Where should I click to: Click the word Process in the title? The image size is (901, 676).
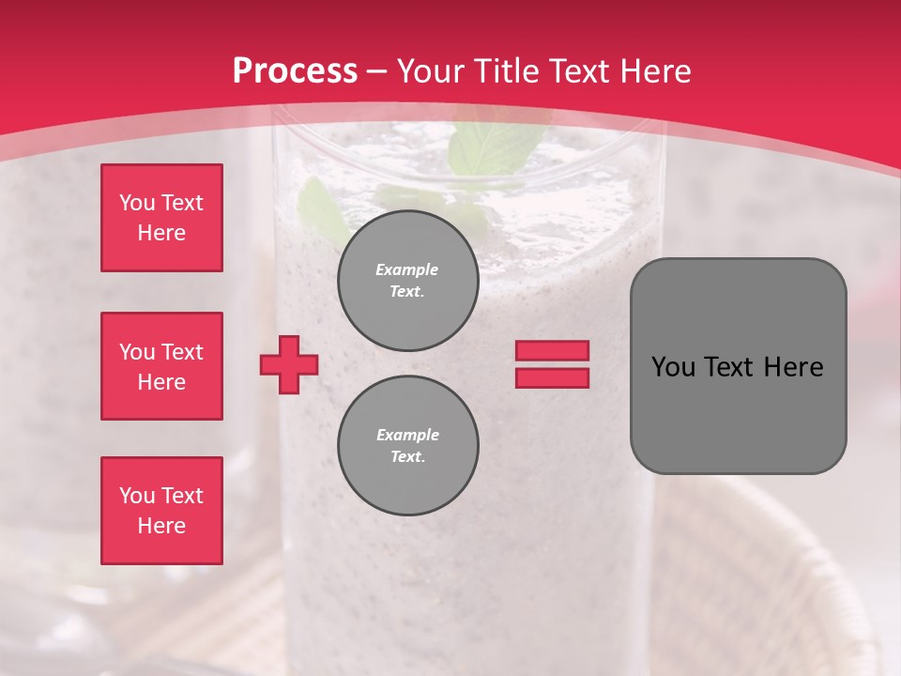(x=295, y=71)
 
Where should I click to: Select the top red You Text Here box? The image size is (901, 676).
(x=161, y=218)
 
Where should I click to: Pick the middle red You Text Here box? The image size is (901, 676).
(x=161, y=366)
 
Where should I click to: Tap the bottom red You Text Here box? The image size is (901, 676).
(x=161, y=511)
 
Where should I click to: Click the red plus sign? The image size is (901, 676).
(x=289, y=365)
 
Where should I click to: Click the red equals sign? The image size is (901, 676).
(x=552, y=364)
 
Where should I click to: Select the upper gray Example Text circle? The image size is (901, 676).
(x=408, y=281)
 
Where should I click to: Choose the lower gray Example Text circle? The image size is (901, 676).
(x=408, y=446)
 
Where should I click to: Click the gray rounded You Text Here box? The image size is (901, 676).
(x=738, y=366)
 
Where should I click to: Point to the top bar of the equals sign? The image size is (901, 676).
(x=552, y=351)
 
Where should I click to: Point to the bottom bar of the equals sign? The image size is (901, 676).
(x=552, y=377)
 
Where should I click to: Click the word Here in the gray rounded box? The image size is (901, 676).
(x=793, y=367)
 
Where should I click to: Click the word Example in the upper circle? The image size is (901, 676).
(x=407, y=269)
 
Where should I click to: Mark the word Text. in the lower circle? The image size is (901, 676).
(x=407, y=457)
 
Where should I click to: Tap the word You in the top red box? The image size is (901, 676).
(x=136, y=203)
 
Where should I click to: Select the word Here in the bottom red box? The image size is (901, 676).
(x=161, y=526)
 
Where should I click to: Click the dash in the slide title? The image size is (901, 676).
(x=377, y=71)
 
